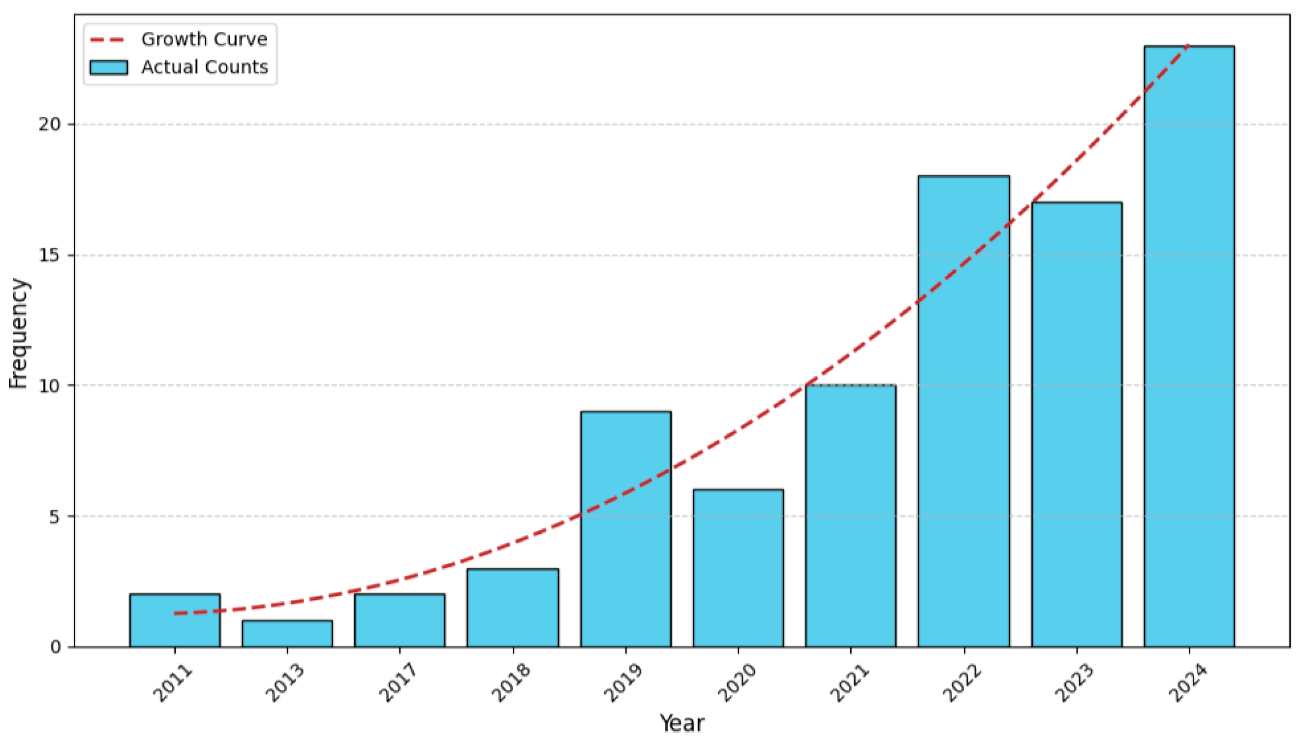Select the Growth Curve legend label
(x=204, y=39)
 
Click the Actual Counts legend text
(x=205, y=67)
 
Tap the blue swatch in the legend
(x=109, y=67)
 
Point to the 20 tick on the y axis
(x=50, y=125)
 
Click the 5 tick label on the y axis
(x=55, y=517)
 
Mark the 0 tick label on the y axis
(x=55, y=647)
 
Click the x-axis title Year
(x=682, y=723)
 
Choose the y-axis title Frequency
(x=19, y=334)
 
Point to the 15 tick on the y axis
(x=50, y=255)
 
